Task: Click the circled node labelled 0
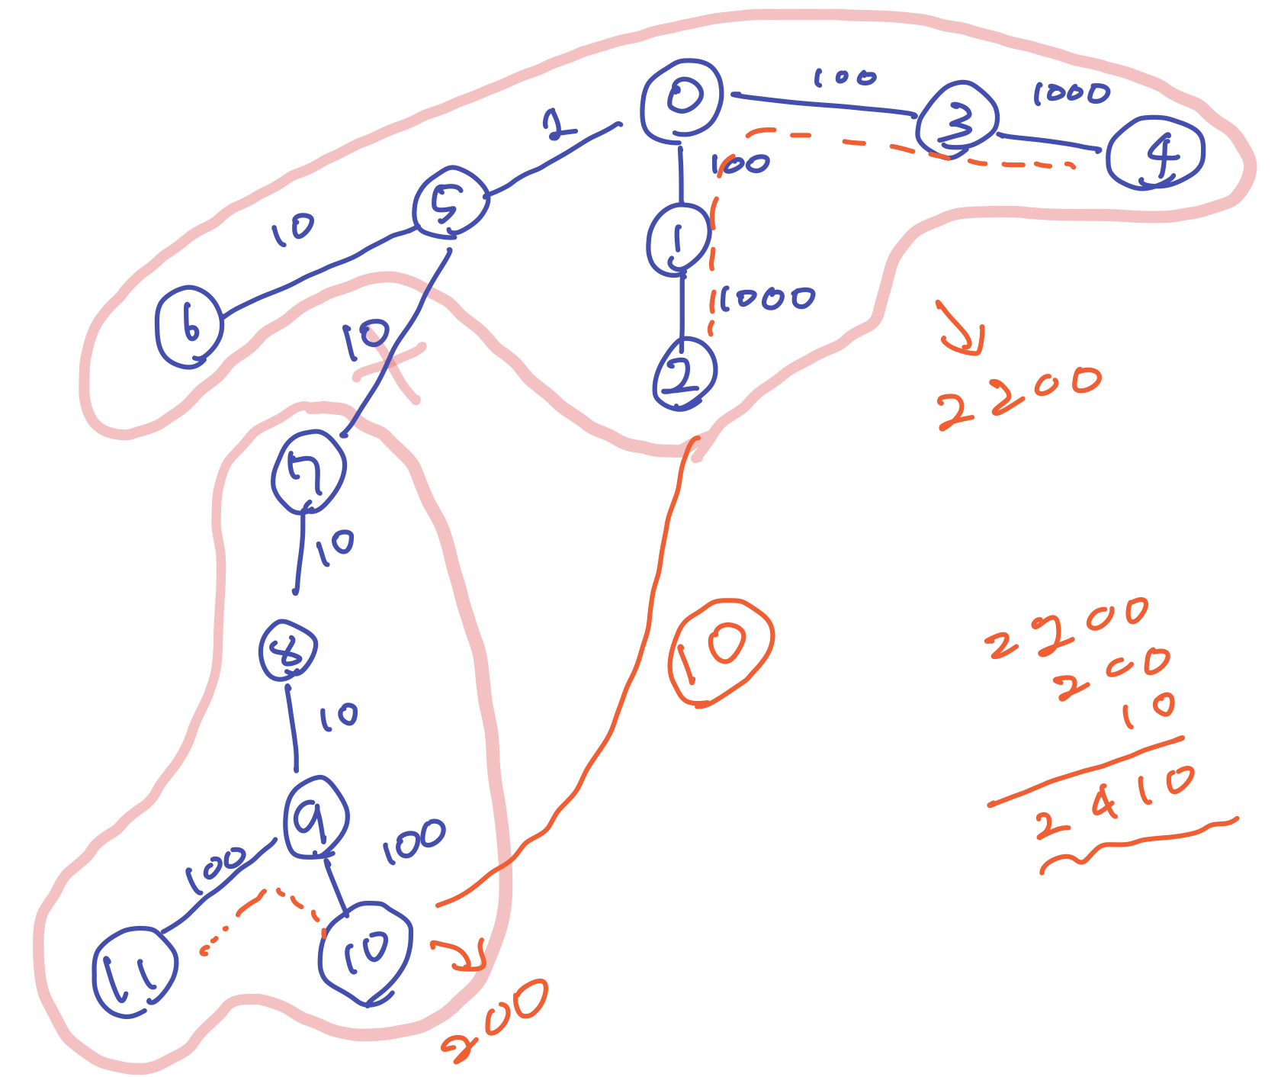(x=682, y=100)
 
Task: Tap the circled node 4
(x=1156, y=153)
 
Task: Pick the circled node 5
(x=451, y=201)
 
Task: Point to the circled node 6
(x=189, y=326)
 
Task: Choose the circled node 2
(x=684, y=374)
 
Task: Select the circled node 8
(x=288, y=651)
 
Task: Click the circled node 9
(x=316, y=818)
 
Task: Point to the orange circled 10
(x=720, y=652)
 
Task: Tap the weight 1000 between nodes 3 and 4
(x=1071, y=94)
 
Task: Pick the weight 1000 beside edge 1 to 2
(x=766, y=298)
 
